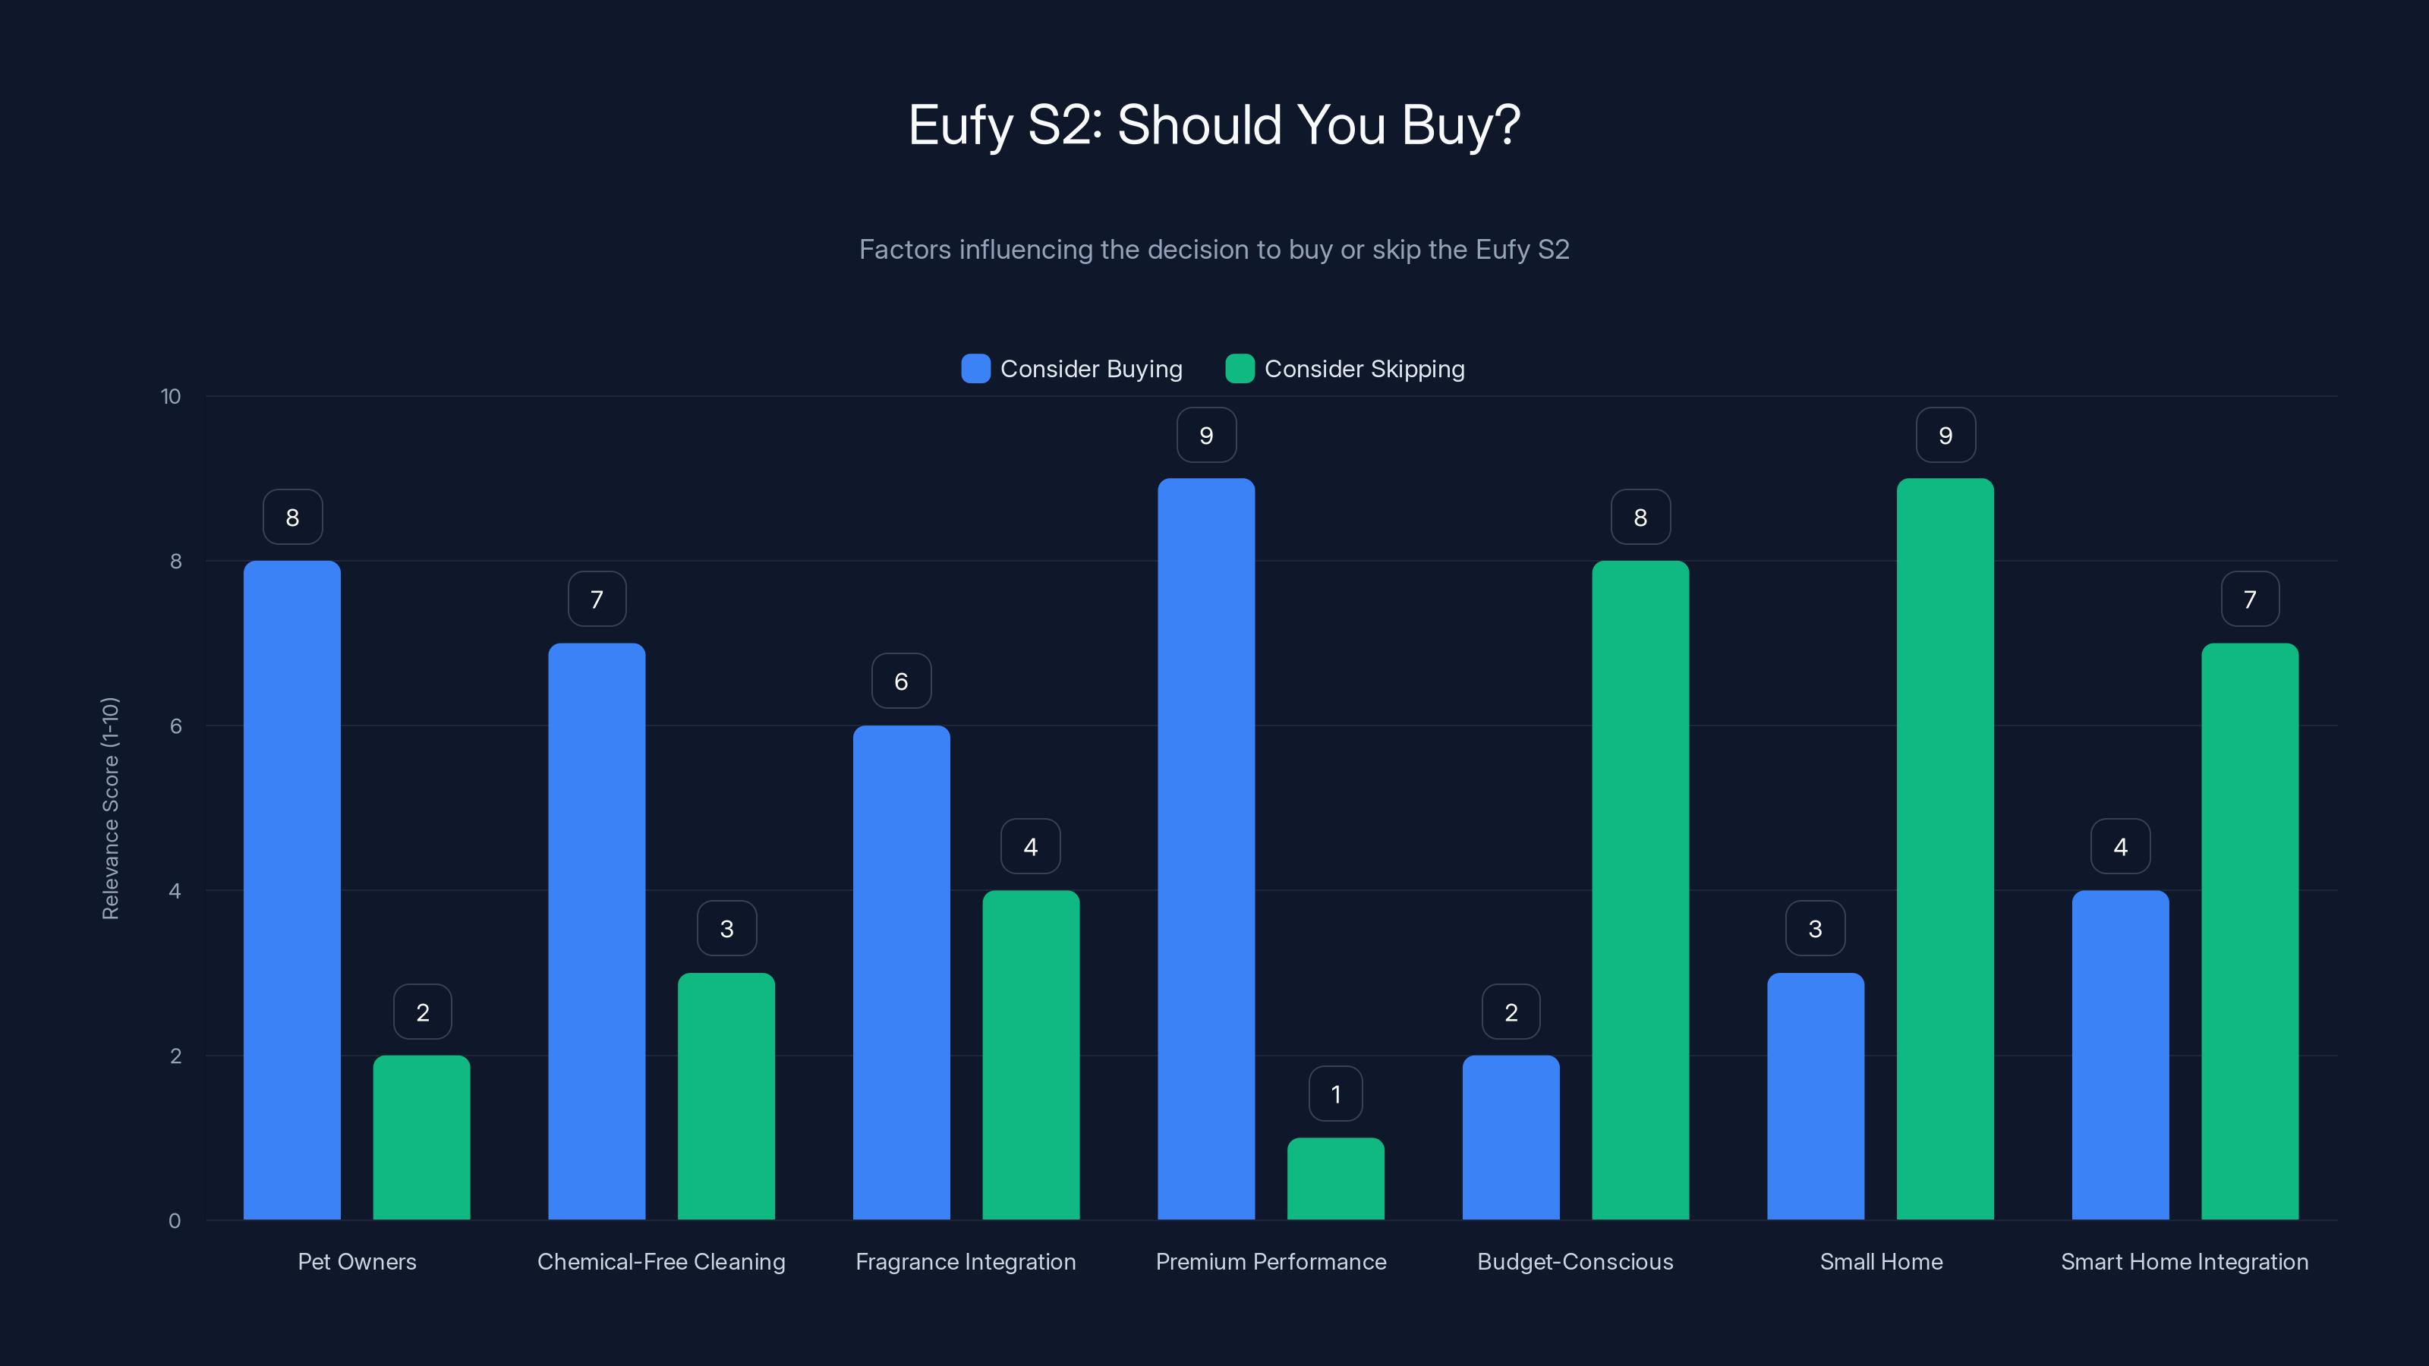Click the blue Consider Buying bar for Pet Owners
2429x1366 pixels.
291,890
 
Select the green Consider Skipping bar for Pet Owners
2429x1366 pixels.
421,1137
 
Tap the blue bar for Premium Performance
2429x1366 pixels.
1206,848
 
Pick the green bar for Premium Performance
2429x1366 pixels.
1335,1179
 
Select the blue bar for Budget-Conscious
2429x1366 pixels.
1511,1137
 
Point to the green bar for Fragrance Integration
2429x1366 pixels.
1031,1055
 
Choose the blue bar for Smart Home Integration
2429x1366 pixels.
2120,1055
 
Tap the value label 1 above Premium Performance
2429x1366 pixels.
1335,1094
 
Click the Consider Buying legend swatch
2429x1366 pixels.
975,369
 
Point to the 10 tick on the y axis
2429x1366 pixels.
171,396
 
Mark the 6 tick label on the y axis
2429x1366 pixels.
175,726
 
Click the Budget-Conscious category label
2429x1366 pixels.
1575,1261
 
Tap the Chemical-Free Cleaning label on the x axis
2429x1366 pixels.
661,1261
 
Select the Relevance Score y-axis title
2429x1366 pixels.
110,808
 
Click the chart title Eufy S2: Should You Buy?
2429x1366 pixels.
1214,124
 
